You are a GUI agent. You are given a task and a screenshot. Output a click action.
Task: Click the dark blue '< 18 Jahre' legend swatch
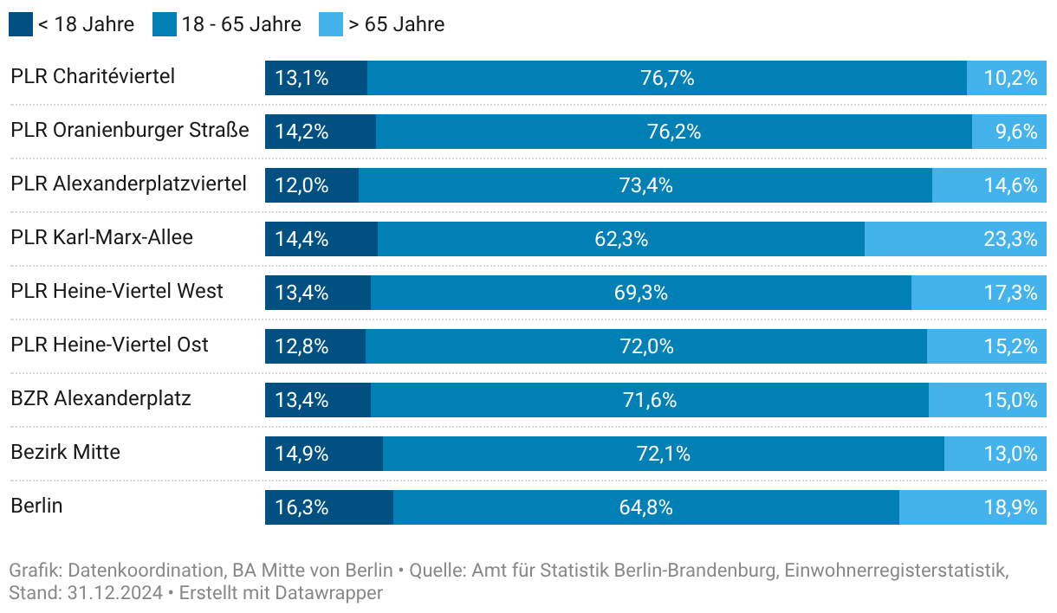tap(21, 24)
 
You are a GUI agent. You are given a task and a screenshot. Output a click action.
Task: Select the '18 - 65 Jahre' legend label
tap(242, 24)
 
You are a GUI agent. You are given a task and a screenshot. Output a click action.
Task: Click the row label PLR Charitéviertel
tap(93, 76)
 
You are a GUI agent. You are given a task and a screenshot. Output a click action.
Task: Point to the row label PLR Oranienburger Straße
tap(130, 130)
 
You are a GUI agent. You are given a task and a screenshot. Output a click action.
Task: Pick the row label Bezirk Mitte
tap(66, 452)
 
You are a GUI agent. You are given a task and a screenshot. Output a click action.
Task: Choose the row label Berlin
tap(36, 506)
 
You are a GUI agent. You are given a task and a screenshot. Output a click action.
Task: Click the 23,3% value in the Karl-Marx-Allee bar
tap(1010, 239)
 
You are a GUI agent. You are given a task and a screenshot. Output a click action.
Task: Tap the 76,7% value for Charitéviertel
tap(667, 78)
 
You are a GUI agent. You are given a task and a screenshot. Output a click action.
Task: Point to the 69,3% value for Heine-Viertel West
tap(641, 293)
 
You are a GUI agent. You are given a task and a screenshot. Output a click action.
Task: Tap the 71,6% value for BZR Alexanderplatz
tap(650, 400)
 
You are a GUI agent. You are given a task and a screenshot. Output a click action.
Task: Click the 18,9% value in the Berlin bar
tap(1010, 507)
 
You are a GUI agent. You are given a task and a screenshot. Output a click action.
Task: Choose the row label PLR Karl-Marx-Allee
tap(102, 237)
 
